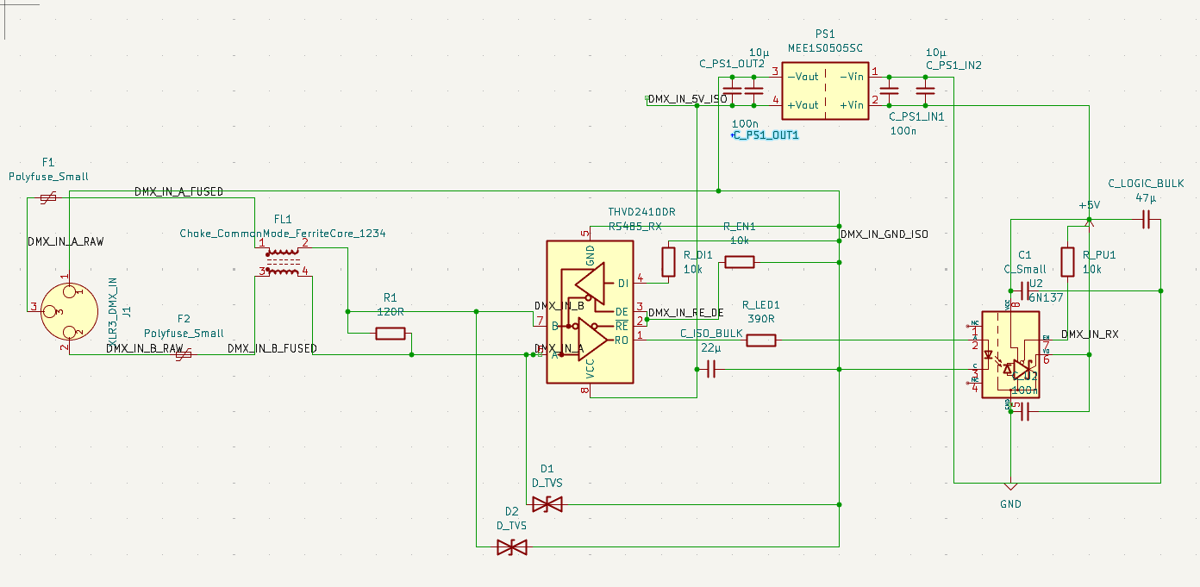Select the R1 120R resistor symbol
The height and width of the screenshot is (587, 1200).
coord(391,334)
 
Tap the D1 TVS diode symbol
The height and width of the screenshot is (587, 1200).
coord(547,504)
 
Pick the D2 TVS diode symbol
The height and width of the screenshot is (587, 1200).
coord(512,546)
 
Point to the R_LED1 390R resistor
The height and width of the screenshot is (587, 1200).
coord(760,340)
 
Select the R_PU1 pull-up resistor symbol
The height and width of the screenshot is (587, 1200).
coord(1067,262)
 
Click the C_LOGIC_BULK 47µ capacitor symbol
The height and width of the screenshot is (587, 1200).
coord(1146,222)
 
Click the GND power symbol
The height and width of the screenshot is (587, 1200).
coord(1010,488)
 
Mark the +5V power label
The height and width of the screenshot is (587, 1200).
coord(1090,206)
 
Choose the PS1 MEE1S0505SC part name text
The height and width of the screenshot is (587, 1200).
coord(825,48)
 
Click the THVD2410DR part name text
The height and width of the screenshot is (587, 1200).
coord(641,212)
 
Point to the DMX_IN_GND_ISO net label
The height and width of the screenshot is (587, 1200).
coord(884,234)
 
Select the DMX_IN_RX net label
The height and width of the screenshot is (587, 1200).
coord(1090,334)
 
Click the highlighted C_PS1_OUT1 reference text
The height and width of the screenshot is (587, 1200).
coord(766,135)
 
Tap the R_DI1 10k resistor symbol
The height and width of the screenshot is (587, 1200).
coord(668,261)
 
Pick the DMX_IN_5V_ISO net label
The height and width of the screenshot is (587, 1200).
coord(687,99)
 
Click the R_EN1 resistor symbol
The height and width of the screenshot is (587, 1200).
coord(739,262)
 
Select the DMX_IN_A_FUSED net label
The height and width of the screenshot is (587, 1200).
coord(178,191)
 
